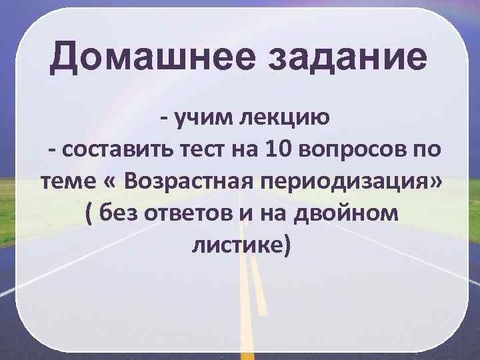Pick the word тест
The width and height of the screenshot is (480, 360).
click(x=202, y=150)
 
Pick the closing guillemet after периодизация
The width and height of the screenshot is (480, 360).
click(x=436, y=181)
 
